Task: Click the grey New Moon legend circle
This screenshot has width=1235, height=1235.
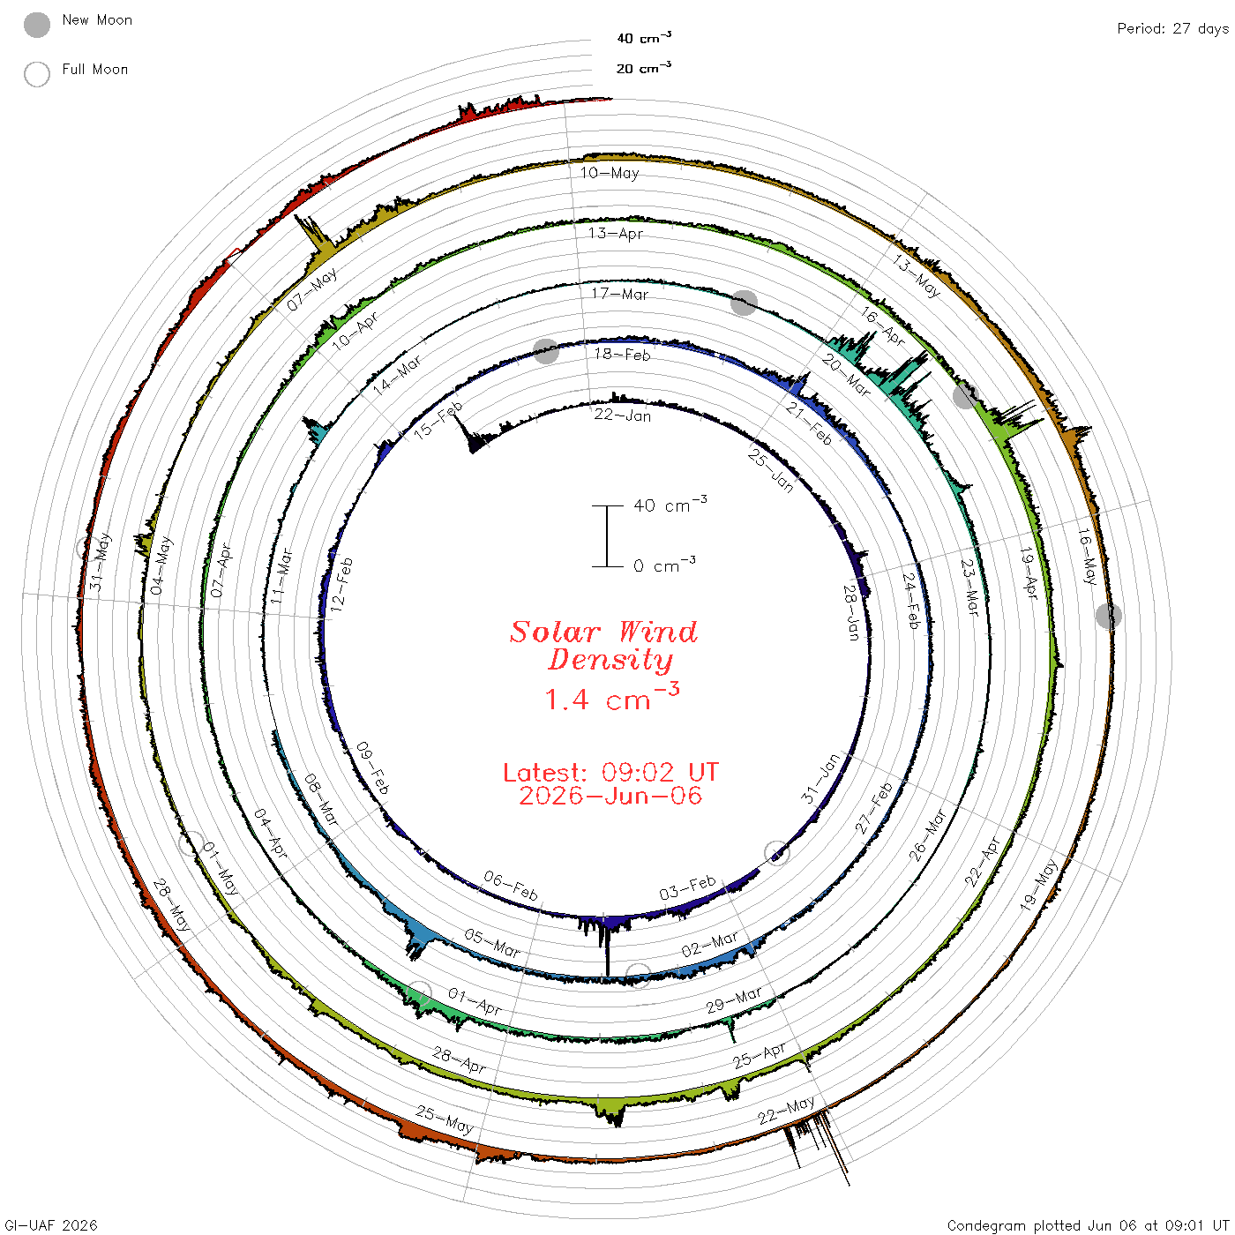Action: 37,25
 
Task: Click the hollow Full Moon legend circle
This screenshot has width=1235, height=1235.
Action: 37,74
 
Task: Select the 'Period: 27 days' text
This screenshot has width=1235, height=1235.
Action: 1172,29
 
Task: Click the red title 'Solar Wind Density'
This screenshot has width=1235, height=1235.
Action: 603,646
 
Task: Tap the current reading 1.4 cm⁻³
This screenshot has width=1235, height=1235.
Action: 612,698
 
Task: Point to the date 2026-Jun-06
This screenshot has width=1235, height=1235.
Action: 610,796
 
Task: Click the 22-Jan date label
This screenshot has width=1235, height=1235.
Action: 622,415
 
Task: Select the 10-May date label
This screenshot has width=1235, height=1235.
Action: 610,172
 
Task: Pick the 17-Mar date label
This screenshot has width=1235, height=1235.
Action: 620,294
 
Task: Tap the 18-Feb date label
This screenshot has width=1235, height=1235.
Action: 622,355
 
